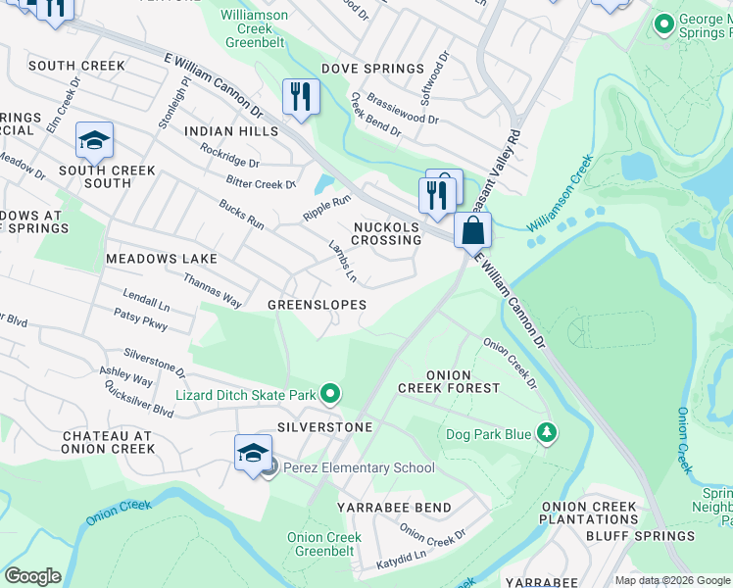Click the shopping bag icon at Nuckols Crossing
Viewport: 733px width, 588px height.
(472, 232)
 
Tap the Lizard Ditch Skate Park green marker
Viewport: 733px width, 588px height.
(330, 395)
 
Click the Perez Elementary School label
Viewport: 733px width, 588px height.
(359, 467)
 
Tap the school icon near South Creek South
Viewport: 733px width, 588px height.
(95, 141)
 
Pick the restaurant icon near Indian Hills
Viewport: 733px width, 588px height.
(300, 97)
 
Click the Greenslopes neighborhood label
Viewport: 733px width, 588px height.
(317, 305)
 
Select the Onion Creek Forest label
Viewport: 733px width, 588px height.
(463, 381)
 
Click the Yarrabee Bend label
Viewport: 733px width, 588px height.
(394, 508)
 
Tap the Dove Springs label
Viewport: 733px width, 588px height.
(372, 69)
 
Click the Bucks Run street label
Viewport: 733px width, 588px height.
(241, 218)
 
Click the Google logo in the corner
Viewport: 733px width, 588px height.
(32, 576)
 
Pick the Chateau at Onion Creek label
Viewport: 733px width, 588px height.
(108, 442)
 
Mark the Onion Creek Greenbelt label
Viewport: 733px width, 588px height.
(324, 544)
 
